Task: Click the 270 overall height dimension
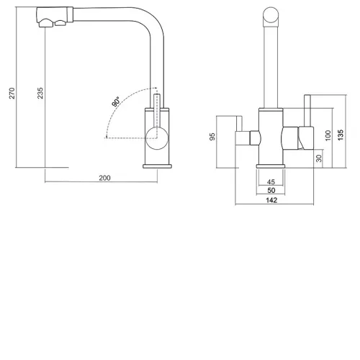coord(12,93)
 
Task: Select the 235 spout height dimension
coord(40,93)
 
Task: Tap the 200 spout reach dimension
coord(104,178)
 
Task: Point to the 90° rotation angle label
coord(116,102)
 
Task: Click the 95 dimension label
coord(212,137)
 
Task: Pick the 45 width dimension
coord(271,181)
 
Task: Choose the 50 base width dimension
coord(271,190)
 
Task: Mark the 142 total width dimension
coord(271,200)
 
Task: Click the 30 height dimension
coord(319,158)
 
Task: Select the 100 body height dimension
coord(328,135)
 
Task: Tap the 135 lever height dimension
coord(341,135)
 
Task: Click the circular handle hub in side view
coord(157,138)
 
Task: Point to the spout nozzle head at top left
coord(55,17)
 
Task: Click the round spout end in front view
coord(271,14)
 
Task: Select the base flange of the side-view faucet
coord(157,166)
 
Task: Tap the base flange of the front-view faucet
coord(271,166)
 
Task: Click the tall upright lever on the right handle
coord(307,111)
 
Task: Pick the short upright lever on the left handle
coord(239,124)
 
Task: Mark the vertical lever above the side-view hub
coord(157,111)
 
